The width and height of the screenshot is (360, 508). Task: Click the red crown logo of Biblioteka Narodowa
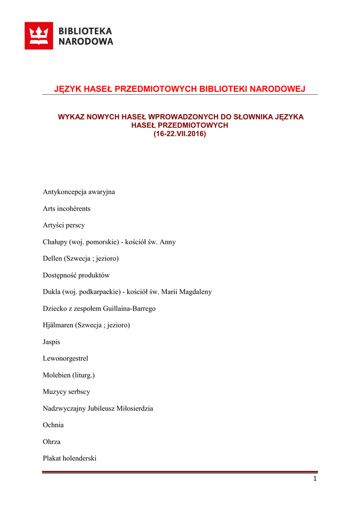coord(39,36)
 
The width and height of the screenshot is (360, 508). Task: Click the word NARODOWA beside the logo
coord(86,42)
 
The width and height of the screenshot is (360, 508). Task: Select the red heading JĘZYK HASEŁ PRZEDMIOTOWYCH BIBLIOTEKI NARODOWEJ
coord(179,89)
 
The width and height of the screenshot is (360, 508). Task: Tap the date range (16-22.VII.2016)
coord(179,134)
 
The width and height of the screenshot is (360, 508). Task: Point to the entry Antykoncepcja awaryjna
coord(79,191)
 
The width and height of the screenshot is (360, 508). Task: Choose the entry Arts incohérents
coord(67,208)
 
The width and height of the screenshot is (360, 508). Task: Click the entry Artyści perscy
coord(64,225)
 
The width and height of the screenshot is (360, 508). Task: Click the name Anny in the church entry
coord(167,242)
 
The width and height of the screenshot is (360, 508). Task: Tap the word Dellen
coord(53,258)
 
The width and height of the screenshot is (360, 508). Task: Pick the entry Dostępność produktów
coord(76,275)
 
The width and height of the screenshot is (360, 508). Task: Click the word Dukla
coord(52,292)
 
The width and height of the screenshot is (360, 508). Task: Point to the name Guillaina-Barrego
coord(129,309)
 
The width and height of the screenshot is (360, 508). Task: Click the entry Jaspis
coord(52,342)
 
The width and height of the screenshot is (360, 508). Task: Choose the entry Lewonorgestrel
coord(65,358)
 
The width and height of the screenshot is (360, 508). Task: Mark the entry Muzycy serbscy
coord(67,392)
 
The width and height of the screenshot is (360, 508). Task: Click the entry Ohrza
coord(52,442)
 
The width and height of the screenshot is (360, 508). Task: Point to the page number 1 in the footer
coord(315,479)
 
